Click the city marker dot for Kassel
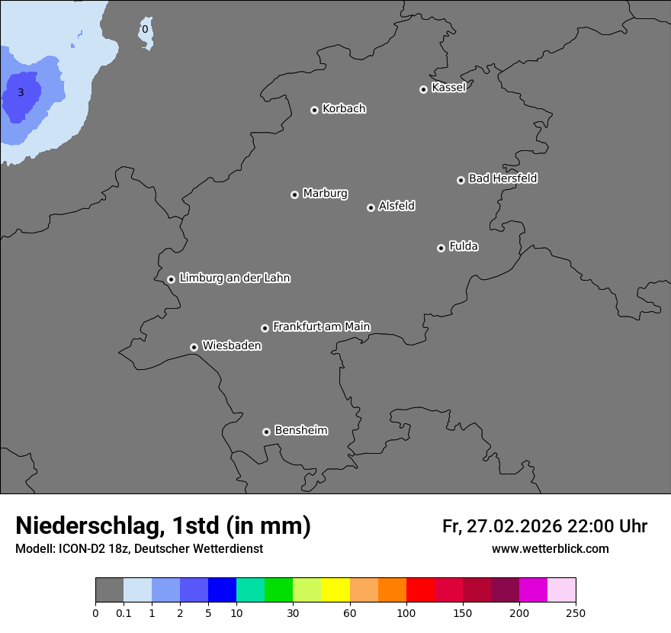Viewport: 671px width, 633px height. tap(423, 89)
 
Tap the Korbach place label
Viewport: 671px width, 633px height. tap(344, 109)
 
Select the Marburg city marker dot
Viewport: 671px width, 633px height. tap(294, 194)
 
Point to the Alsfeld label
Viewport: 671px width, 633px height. tap(396, 206)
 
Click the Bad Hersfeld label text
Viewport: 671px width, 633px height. tap(502, 178)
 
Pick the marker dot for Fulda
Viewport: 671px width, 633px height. tap(441, 248)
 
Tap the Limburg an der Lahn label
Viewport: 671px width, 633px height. tap(234, 278)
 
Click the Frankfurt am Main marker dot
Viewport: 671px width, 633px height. tap(265, 328)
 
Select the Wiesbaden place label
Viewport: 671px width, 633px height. tap(231, 346)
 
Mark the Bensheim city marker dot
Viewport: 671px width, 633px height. tap(266, 432)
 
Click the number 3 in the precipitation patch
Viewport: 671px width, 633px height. tap(21, 93)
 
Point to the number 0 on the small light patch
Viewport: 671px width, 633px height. tap(145, 31)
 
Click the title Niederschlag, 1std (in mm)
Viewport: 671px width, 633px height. tap(163, 525)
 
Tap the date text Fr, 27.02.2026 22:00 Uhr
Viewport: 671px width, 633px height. tap(544, 526)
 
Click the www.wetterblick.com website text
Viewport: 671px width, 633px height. tap(550, 549)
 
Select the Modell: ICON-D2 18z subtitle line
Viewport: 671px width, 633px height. tap(139, 549)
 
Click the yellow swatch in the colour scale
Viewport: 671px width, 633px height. tap(335, 590)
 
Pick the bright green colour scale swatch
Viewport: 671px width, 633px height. tap(278, 590)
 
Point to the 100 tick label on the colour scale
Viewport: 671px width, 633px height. tap(406, 612)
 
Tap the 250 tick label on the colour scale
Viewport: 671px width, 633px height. tap(576, 612)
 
